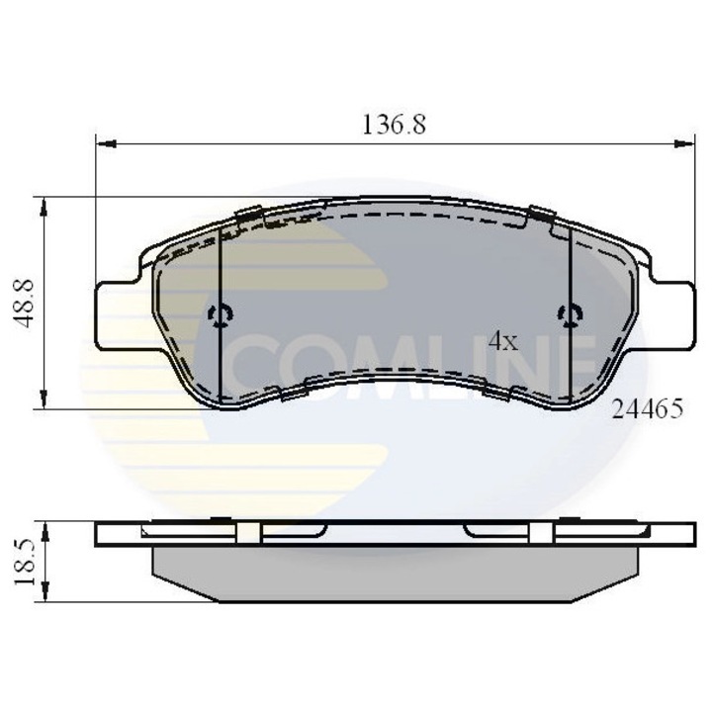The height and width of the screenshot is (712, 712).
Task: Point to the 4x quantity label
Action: tap(503, 342)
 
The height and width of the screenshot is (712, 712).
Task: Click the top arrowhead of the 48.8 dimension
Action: tap(44, 204)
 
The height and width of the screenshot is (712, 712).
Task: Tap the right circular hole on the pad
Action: tap(569, 315)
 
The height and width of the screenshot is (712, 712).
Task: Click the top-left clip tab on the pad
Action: tap(248, 214)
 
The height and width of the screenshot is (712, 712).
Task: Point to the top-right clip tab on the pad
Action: tap(541, 214)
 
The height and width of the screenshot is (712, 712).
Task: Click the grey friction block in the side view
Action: tap(396, 575)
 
